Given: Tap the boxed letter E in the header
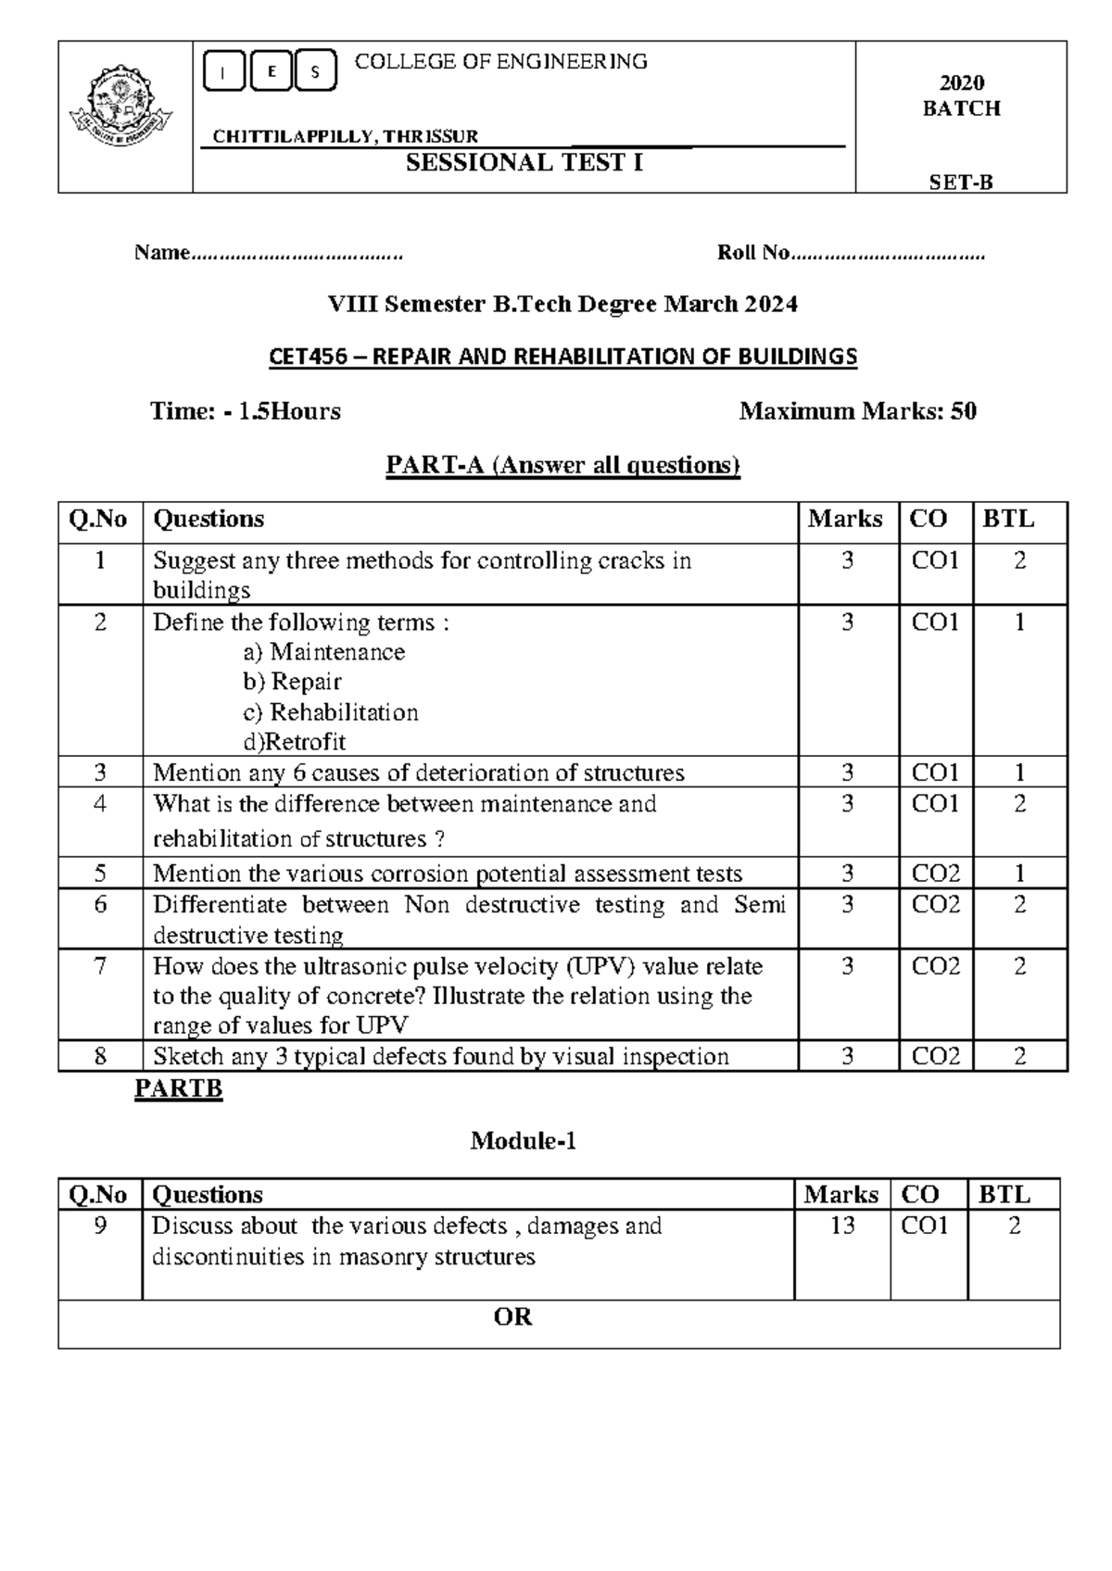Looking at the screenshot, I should click(271, 72).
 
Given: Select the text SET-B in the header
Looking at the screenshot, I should click(961, 182).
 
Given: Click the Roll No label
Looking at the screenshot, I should click(753, 253).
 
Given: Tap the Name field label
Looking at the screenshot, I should click(162, 253).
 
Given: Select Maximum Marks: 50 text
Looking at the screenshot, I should click(857, 411).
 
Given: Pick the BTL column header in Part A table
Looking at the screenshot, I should click(1007, 520).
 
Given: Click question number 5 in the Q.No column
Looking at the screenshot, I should click(100, 873).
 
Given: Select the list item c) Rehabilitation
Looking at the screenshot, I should click(331, 712).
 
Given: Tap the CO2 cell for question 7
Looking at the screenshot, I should click(935, 966).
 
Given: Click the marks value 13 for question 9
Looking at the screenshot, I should click(841, 1225).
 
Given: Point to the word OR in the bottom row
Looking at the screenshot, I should click(513, 1317).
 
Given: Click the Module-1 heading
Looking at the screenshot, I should click(524, 1141).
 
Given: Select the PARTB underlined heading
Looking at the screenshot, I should click(178, 1088).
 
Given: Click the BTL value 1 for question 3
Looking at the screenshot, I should click(1019, 773).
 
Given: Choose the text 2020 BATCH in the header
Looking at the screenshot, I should click(961, 96).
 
